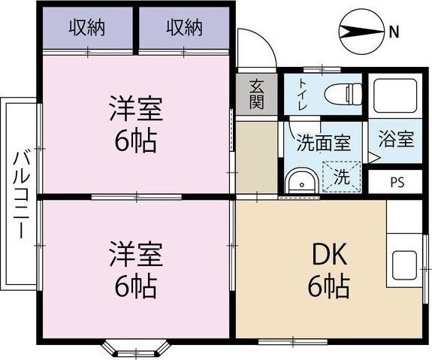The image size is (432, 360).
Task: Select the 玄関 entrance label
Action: tap(257, 92)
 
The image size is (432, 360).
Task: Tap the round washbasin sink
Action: tap(303, 181)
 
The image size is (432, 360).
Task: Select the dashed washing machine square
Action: tap(340, 179)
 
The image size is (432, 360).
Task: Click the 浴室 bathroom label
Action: tap(395, 139)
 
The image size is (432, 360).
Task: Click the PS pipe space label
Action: tap(396, 183)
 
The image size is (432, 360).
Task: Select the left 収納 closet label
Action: tap(87, 28)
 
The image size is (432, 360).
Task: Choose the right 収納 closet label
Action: tap(184, 28)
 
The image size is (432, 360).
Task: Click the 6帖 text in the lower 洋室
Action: tap(136, 286)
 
